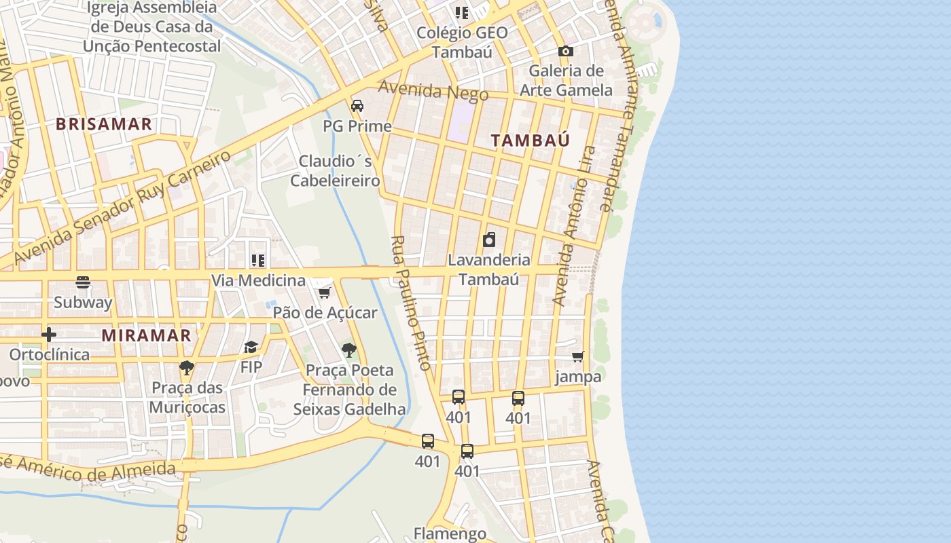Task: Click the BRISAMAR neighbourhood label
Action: (104, 124)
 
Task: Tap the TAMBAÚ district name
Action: (530, 141)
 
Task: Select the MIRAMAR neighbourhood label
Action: (146, 335)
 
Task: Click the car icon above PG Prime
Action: (357, 106)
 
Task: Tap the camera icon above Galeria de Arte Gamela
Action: (565, 51)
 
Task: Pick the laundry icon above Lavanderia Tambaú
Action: (489, 240)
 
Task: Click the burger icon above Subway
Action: (83, 282)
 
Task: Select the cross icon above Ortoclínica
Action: (49, 335)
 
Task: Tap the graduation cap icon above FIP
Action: (251, 348)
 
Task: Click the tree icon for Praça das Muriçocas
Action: (187, 368)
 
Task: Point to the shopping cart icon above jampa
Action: (578, 357)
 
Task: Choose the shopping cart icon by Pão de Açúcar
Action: (325, 293)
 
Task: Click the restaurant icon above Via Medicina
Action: (258, 261)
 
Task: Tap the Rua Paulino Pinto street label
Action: (412, 303)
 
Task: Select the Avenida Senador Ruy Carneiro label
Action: (122, 208)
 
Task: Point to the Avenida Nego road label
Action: (433, 90)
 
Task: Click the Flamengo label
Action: (450, 533)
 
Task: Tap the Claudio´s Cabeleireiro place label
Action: (336, 171)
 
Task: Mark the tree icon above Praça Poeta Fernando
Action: (349, 350)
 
